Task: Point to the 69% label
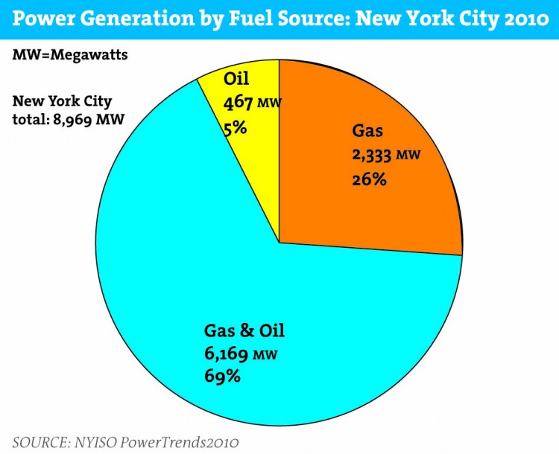coord(222,376)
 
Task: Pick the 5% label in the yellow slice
coord(235,128)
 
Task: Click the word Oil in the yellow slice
coord(236,79)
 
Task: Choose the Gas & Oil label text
coord(244,330)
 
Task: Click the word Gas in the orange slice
coord(368,132)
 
